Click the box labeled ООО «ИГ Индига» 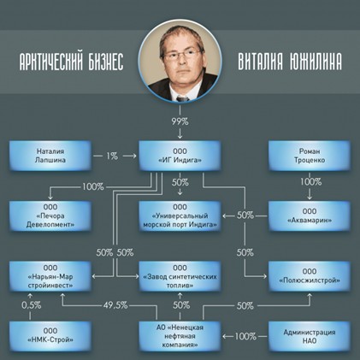(x=180, y=156)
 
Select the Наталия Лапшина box (x=50, y=156)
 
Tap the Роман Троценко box (x=310, y=156)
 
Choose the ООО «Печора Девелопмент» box (x=50, y=215)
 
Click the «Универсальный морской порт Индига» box (x=180, y=215)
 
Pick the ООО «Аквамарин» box (x=310, y=215)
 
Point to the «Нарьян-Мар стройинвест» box (x=50, y=276)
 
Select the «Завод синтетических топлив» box (x=180, y=276)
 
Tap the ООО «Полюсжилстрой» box (x=310, y=276)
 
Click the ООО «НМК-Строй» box (x=50, y=336)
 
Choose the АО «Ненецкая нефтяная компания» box (x=180, y=336)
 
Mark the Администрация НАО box (x=310, y=336)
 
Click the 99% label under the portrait (x=180, y=121)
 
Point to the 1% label (x=112, y=156)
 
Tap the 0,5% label (x=32, y=305)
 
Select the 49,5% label (x=115, y=305)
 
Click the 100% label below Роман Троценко (x=310, y=182)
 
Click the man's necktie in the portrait (x=182, y=98)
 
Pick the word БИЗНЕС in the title (x=106, y=62)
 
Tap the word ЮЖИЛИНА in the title (x=316, y=62)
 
